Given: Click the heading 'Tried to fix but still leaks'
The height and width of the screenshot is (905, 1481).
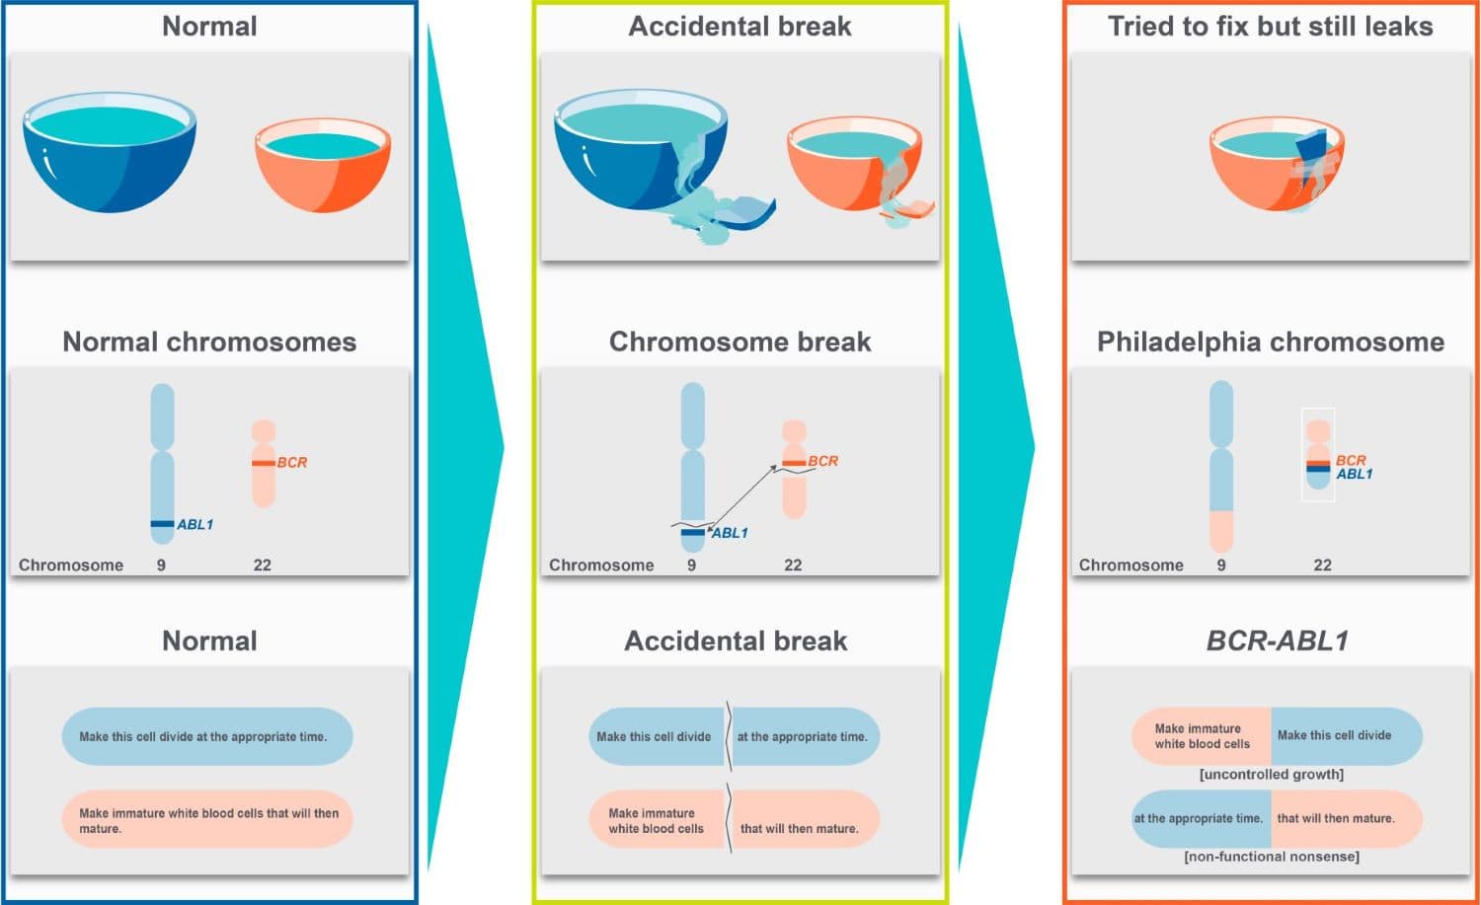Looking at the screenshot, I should coord(1270,27).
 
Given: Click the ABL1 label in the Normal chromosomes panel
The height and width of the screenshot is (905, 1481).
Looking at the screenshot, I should coord(195,524).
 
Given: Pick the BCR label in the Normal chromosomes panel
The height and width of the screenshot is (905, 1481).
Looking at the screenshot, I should coord(292,462).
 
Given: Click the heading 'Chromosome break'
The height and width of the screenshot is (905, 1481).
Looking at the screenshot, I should coord(740,342).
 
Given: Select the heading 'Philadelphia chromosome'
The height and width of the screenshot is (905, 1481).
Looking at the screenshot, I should coord(1271,342).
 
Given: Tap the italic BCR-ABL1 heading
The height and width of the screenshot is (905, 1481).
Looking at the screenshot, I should coord(1278,641).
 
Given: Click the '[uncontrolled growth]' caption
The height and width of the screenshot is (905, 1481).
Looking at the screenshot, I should coord(1272,775).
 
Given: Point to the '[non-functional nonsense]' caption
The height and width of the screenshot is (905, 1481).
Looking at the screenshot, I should coord(1272,857).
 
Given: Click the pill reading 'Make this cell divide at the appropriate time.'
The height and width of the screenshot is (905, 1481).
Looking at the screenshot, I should coord(206,736).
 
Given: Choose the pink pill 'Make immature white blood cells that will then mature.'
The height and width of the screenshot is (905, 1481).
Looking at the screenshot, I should coord(206,819).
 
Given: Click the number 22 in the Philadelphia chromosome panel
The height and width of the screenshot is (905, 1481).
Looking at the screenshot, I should coord(1322,566).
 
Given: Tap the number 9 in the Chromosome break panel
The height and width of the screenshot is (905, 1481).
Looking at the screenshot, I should coord(691,566).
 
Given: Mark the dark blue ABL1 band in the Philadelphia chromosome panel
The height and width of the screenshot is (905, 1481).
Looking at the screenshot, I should coord(1318,470).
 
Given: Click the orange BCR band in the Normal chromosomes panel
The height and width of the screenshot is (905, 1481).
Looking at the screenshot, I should coord(263,463).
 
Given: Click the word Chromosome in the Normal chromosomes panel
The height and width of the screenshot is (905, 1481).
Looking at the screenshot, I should coord(71,566).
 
